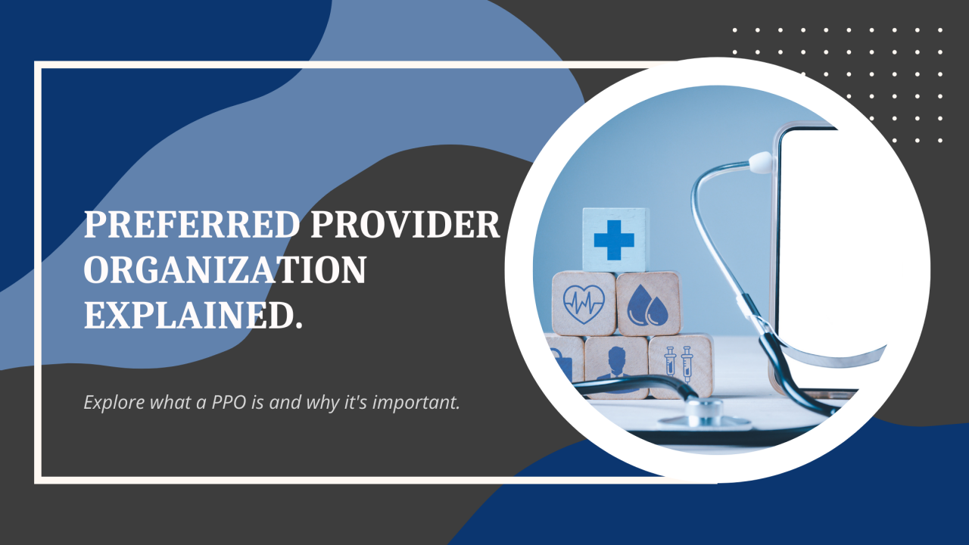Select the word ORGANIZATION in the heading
225,270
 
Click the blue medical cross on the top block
614,239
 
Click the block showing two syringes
679,366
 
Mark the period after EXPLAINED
298,325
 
